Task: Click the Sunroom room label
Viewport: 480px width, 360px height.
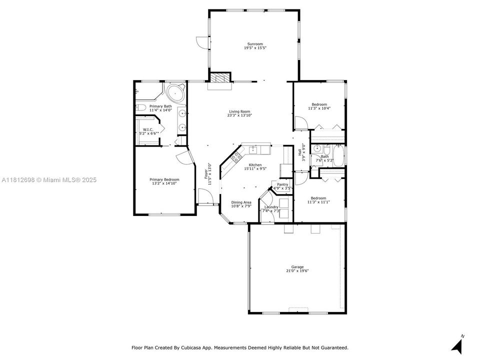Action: (254, 44)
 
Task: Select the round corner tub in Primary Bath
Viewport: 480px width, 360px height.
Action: (176, 93)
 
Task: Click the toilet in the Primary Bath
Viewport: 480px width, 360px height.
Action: (141, 107)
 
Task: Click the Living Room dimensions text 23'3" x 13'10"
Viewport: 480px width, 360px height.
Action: (239, 115)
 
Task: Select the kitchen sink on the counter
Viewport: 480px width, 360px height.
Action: (253, 149)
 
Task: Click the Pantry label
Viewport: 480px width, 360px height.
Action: (282, 184)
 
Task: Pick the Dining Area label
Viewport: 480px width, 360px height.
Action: (241, 202)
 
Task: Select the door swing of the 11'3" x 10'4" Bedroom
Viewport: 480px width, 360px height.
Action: (301, 123)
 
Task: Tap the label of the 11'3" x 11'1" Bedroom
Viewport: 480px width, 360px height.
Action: (318, 198)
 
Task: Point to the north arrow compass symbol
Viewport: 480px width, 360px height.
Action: (456, 344)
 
